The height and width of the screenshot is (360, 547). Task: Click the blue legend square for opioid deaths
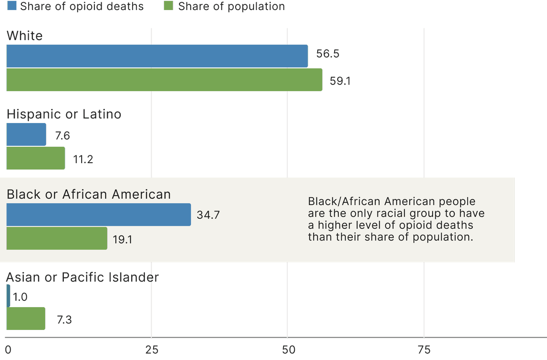(x=11, y=6)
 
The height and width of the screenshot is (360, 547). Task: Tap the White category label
(x=25, y=36)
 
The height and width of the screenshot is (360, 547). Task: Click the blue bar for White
(x=157, y=57)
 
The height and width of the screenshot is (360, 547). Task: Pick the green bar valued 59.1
(x=164, y=80)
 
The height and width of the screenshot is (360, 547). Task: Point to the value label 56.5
(x=328, y=54)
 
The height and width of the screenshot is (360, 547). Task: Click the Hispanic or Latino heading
(x=64, y=114)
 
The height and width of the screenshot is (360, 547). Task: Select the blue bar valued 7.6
(x=26, y=135)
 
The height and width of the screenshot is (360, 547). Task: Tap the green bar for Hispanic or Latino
(x=36, y=158)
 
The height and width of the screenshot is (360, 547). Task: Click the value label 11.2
(x=83, y=159)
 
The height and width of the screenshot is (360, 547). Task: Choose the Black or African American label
(x=88, y=195)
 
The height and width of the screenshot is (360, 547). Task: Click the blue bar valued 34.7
(x=98, y=215)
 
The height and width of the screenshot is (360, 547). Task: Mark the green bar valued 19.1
(x=57, y=238)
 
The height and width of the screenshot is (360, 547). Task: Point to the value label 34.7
(x=208, y=215)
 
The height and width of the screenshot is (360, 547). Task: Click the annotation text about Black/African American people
(x=396, y=219)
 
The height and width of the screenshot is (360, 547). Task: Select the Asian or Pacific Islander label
(x=83, y=277)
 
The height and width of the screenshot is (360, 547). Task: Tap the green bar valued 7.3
(x=26, y=319)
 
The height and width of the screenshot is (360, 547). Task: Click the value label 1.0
(x=20, y=297)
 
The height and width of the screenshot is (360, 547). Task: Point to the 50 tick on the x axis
(x=287, y=350)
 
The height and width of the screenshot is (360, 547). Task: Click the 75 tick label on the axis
(x=424, y=350)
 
